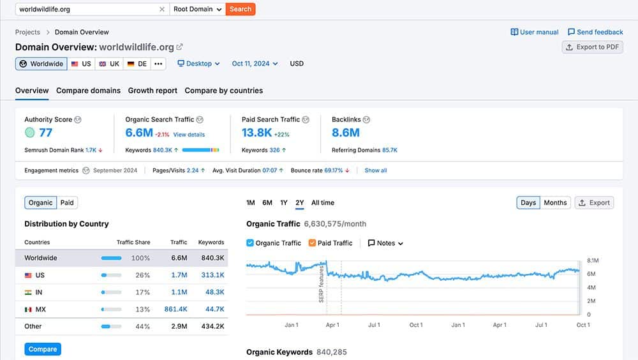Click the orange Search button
[x=241, y=9]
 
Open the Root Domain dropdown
[x=197, y=9]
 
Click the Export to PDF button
[x=592, y=47]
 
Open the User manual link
[x=535, y=32]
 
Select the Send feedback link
[x=595, y=32]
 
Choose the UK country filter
[x=109, y=64]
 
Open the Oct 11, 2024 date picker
[x=255, y=64]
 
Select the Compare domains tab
[x=88, y=91]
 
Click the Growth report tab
[x=152, y=91]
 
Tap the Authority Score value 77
[x=45, y=133]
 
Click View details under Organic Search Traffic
[x=189, y=135]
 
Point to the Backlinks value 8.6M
[x=346, y=133]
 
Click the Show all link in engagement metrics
[x=376, y=170]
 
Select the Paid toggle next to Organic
[x=67, y=202]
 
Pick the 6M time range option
[x=267, y=203]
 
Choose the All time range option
[x=322, y=203]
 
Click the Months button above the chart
[x=554, y=203]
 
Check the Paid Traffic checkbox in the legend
[x=313, y=243]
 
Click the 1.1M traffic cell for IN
[x=179, y=292]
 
